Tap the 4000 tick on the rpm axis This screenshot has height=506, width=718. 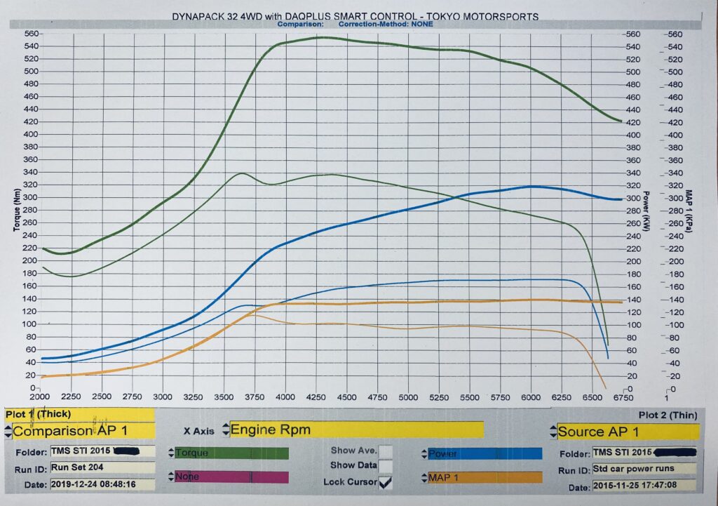[x=285, y=397]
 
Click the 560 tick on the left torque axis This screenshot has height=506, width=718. [x=31, y=34]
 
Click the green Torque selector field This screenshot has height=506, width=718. [x=231, y=453]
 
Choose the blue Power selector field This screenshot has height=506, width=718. [x=484, y=453]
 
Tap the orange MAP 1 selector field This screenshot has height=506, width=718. [x=484, y=478]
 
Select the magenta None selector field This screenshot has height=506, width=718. [x=231, y=477]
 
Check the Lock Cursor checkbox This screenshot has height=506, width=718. [x=385, y=482]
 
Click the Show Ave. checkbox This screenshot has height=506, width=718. [x=385, y=451]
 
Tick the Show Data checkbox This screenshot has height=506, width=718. [x=385, y=466]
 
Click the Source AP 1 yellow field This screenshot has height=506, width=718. [x=628, y=431]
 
